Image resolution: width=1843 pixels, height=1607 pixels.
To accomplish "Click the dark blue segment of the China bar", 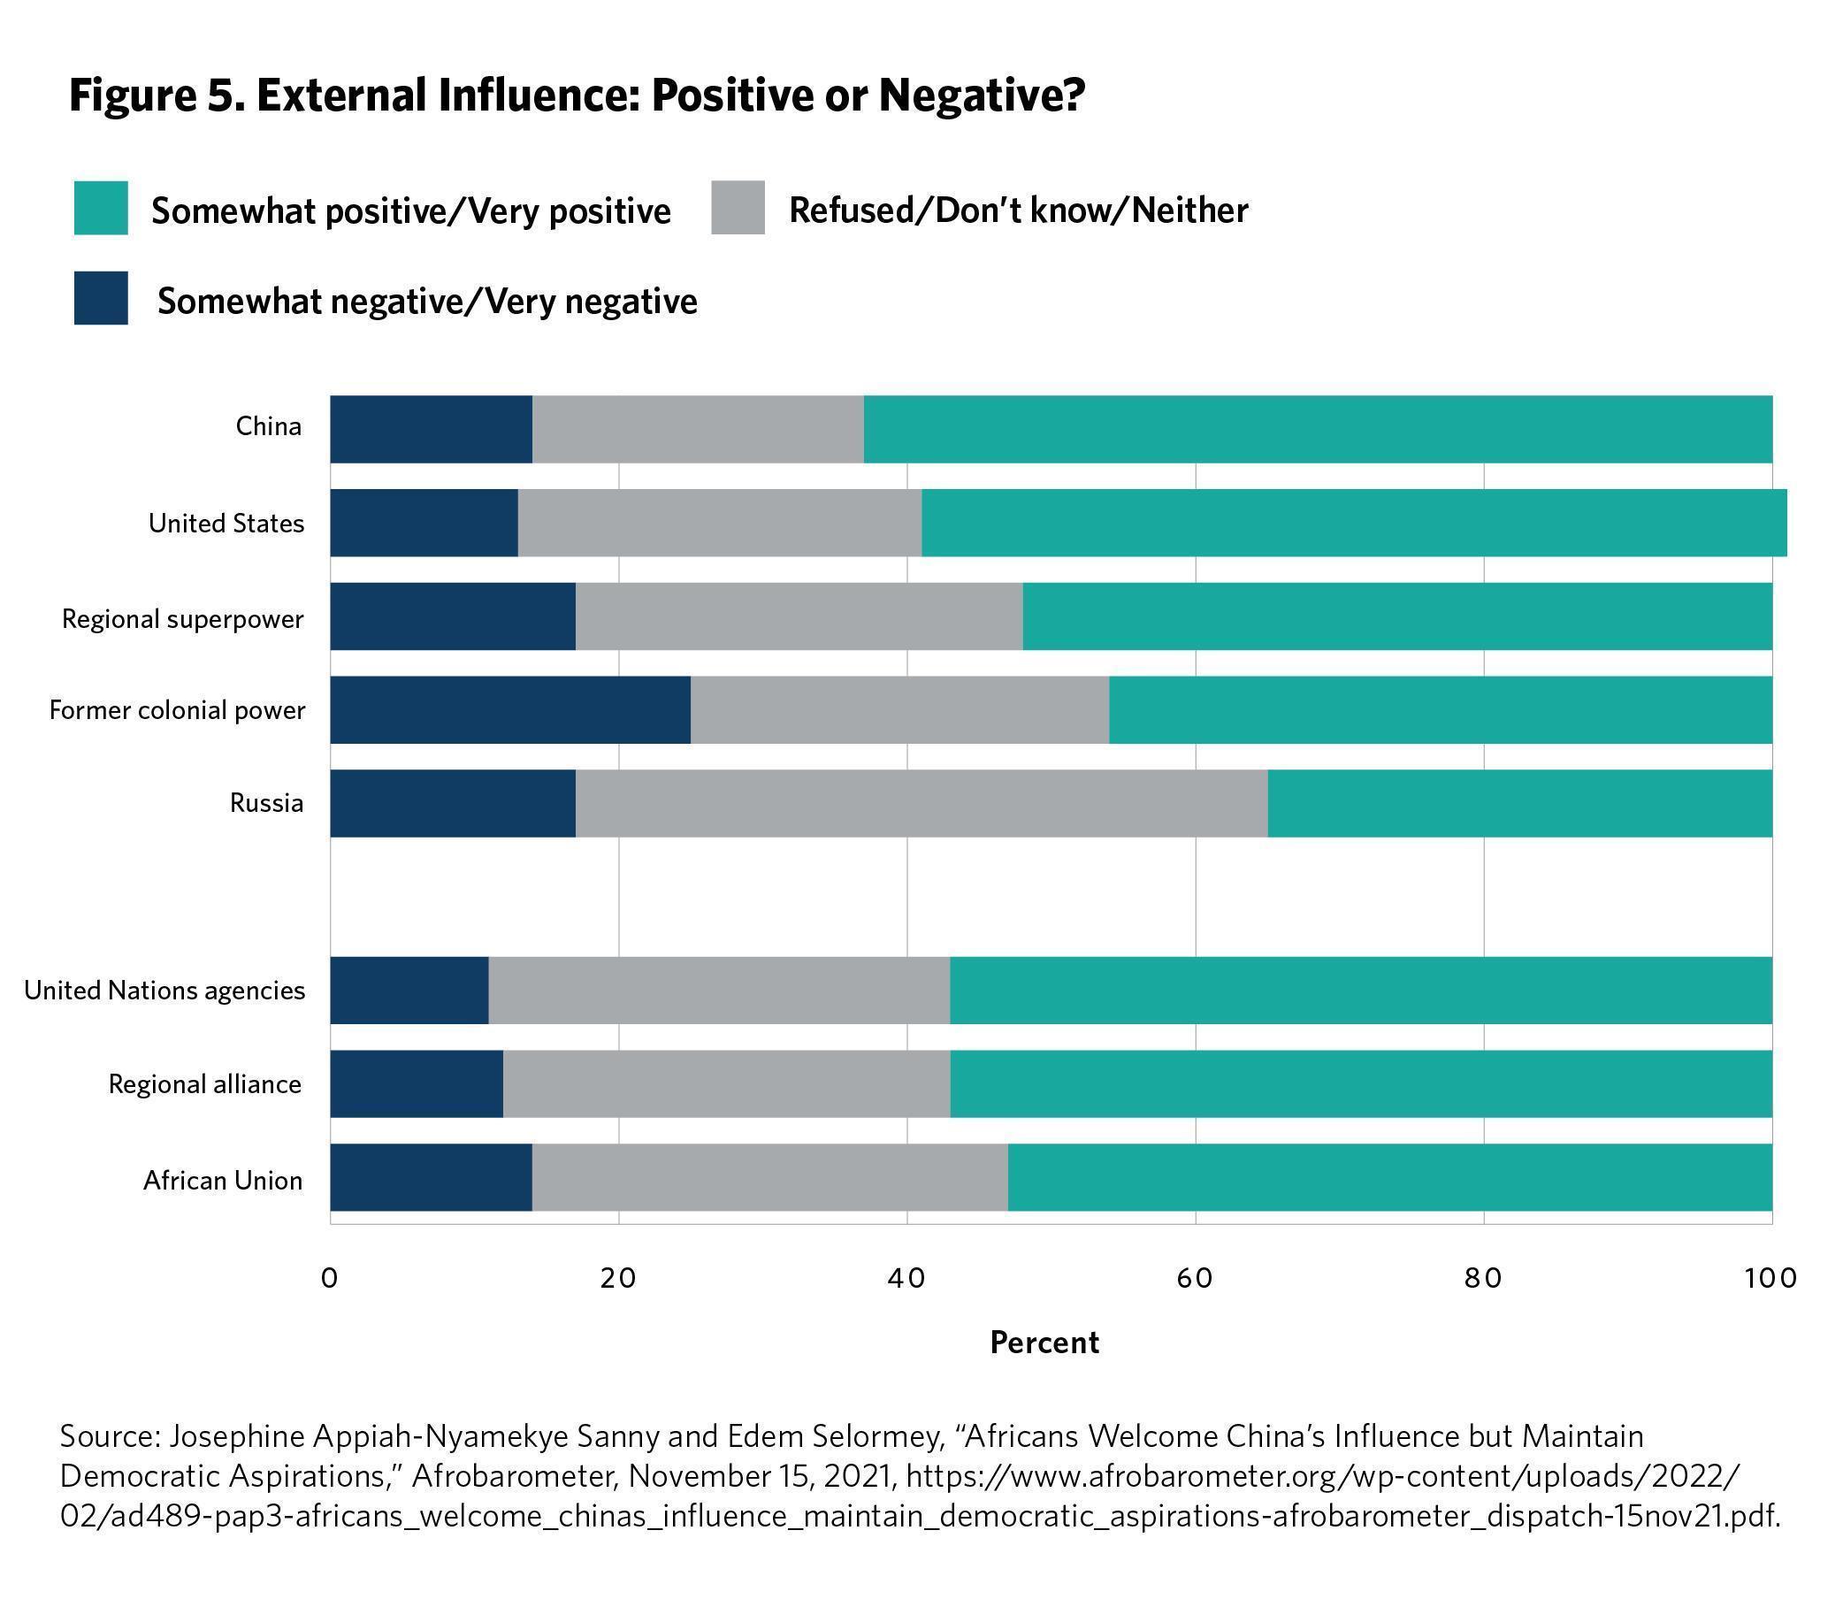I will (x=431, y=430).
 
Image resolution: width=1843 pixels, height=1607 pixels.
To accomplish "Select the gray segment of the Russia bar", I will (x=921, y=803).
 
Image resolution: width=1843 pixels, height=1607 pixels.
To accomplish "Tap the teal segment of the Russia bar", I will (x=1519, y=803).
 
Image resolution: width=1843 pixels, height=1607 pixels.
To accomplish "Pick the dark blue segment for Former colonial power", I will (x=509, y=710).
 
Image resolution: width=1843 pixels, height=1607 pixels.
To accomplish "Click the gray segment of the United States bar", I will (x=719, y=523).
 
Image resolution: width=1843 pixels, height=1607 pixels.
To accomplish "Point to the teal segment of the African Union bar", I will (x=1389, y=1177).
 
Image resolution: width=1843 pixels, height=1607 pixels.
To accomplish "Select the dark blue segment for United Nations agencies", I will (x=409, y=990).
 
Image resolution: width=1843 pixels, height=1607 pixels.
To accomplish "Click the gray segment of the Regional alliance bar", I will (x=725, y=1083).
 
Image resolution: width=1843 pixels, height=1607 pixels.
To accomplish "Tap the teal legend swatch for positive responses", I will (x=101, y=208).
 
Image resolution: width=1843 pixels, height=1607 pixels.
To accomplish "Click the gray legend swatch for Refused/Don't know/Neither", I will (x=738, y=208).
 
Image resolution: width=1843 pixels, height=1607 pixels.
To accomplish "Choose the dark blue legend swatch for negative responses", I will (x=101, y=298).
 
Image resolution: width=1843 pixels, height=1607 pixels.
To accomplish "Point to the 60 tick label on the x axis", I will (x=1195, y=1278).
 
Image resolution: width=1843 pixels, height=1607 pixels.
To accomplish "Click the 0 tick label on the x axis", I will (x=330, y=1278).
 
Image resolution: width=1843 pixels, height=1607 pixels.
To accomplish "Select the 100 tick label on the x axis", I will (x=1770, y=1278).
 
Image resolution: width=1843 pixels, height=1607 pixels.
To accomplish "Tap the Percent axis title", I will (x=1044, y=1343).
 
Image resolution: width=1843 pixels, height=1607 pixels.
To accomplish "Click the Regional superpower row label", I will (x=182, y=619).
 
